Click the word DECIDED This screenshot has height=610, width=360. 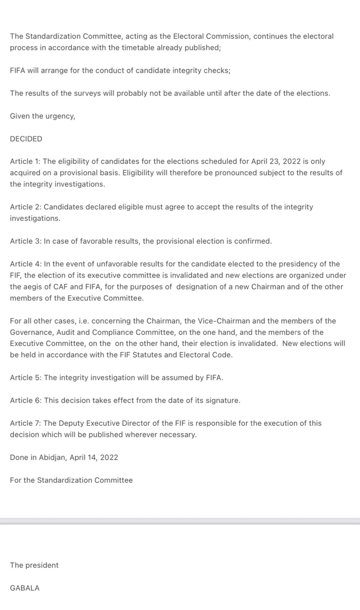(26, 139)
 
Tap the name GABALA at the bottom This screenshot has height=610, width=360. (25, 588)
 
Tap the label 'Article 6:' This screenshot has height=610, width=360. (26, 400)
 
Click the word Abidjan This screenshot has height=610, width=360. (52, 457)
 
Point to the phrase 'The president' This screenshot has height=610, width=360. (34, 565)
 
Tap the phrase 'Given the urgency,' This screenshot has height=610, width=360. (43, 116)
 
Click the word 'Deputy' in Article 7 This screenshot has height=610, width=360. (71, 423)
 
